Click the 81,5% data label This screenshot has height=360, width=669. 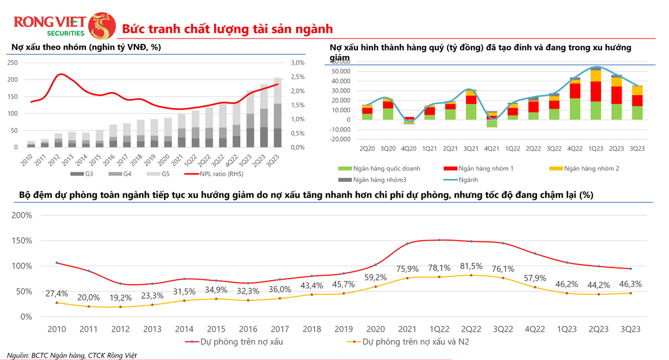471,265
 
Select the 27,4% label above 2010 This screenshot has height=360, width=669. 57,293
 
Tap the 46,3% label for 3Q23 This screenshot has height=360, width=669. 631,284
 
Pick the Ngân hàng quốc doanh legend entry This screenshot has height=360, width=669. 379,168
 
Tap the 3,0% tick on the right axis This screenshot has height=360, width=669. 298,63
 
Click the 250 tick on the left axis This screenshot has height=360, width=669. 12,63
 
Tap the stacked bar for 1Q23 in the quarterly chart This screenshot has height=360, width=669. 596,93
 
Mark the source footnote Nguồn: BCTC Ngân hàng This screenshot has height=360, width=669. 72,355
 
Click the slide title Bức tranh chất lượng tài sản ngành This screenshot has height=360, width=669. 227,28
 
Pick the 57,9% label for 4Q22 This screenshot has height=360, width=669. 535,277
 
